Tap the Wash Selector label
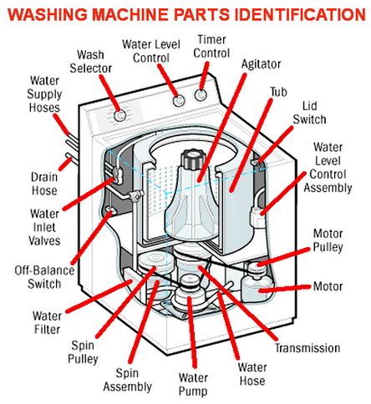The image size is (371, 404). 97,62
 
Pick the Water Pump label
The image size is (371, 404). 193,386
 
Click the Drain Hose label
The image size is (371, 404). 43,183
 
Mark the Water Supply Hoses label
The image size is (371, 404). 43,96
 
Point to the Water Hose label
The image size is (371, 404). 252,373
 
